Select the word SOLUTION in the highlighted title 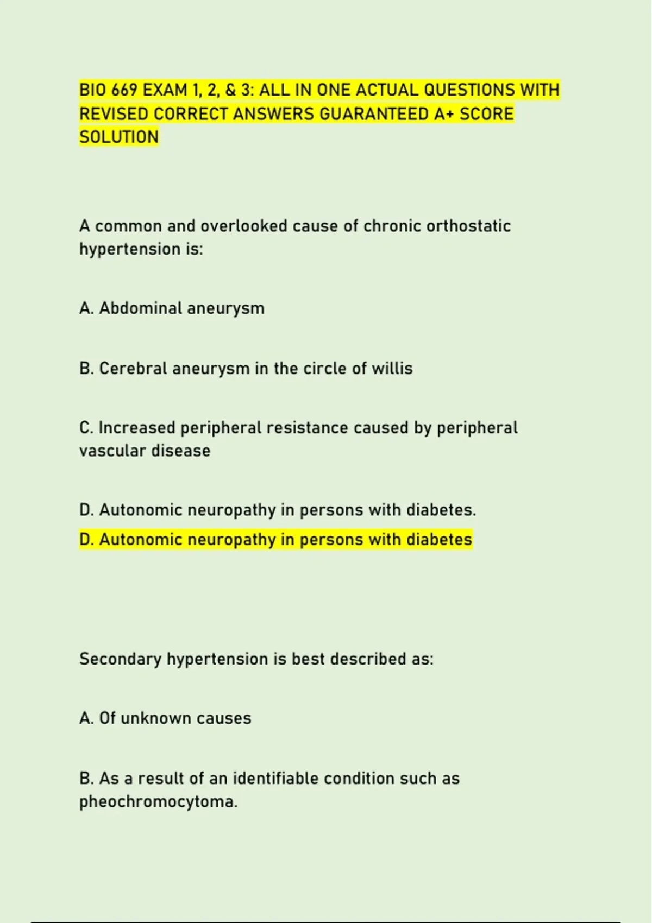click(x=119, y=137)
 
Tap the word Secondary click(x=120, y=659)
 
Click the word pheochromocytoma click(x=158, y=802)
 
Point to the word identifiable click(x=275, y=778)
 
